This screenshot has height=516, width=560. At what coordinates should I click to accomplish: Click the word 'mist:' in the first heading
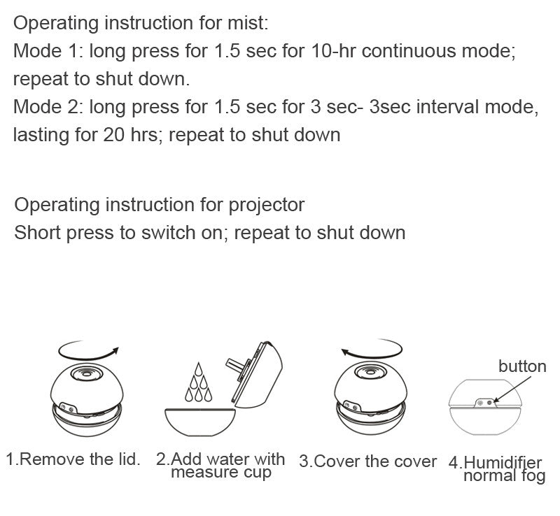click(x=248, y=23)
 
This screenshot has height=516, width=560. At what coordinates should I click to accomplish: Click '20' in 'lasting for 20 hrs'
click(x=114, y=135)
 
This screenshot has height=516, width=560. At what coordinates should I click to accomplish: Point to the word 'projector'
click(x=267, y=206)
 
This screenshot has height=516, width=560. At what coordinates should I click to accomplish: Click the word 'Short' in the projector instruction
click(x=38, y=233)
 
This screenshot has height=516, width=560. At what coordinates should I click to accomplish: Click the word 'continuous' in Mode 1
click(x=409, y=50)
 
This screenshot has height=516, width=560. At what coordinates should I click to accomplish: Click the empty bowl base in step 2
click(x=200, y=422)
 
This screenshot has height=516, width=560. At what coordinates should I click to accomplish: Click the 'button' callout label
click(x=522, y=366)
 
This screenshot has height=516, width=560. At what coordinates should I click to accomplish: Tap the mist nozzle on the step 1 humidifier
click(x=87, y=373)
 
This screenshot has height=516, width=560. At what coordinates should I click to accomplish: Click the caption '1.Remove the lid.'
click(x=73, y=459)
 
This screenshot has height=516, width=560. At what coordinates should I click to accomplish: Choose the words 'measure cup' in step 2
click(x=221, y=472)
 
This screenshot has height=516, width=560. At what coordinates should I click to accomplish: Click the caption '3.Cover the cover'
click(x=368, y=461)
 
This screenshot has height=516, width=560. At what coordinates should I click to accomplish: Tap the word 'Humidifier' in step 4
click(x=503, y=463)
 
